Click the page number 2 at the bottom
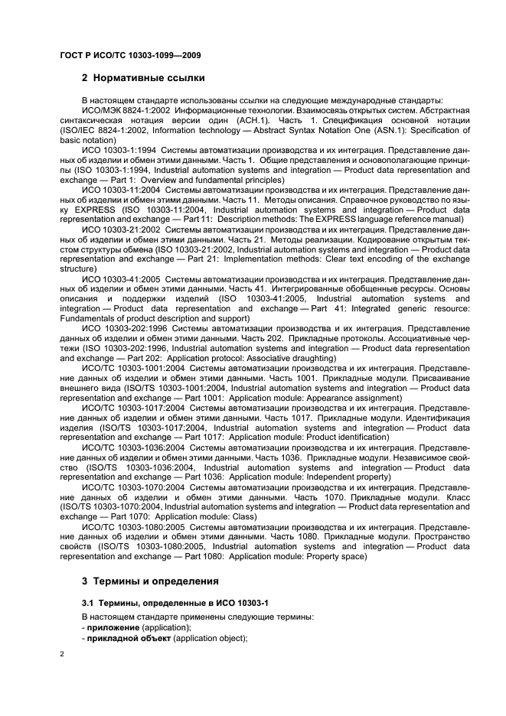coord(62,656)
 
